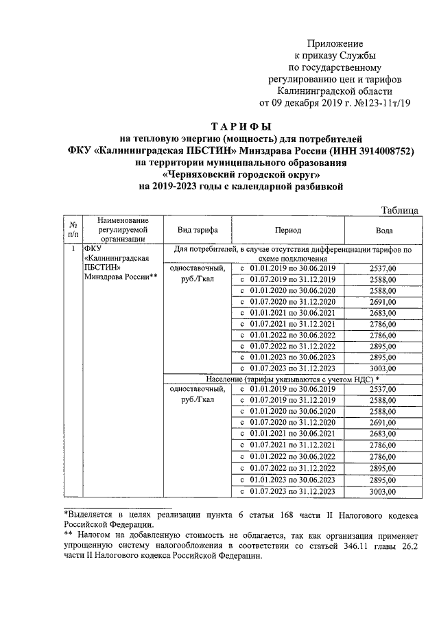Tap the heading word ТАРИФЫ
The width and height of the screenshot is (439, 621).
click(x=240, y=126)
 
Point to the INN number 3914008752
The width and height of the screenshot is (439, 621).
click(x=382, y=150)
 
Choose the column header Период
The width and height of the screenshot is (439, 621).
click(x=288, y=231)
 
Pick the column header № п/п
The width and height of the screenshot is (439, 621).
click(x=73, y=231)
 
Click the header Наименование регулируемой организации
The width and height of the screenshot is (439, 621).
click(x=123, y=230)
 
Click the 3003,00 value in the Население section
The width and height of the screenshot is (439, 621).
click(x=383, y=491)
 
